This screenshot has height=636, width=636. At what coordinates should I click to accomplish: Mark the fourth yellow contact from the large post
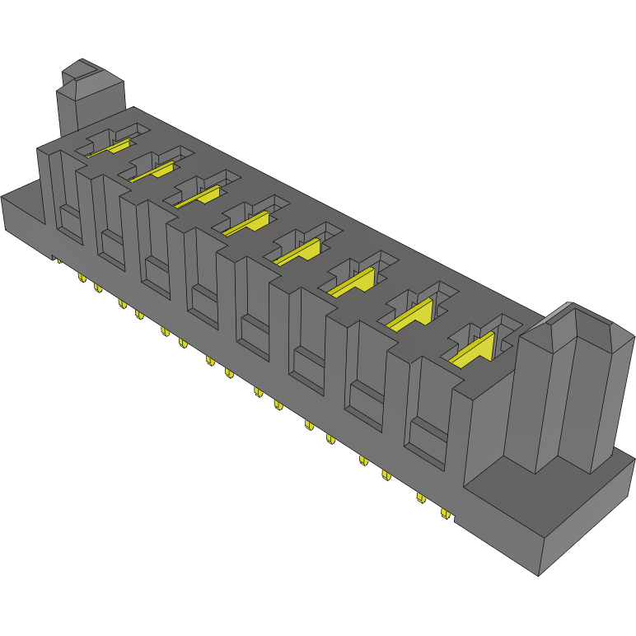click(302, 251)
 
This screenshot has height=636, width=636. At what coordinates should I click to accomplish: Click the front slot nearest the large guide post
click(428, 416)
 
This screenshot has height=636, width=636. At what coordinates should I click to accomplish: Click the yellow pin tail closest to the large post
click(446, 513)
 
